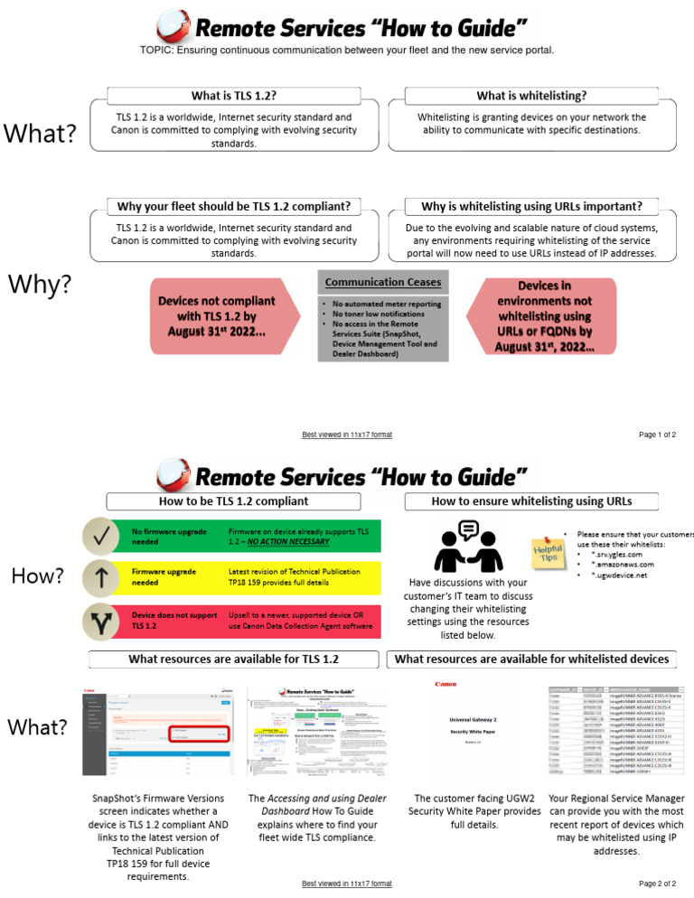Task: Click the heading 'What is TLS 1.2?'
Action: (234, 96)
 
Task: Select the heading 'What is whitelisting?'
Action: (531, 96)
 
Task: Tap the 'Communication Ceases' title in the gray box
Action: (382, 282)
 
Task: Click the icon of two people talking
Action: (467, 547)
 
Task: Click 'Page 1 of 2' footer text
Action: (657, 435)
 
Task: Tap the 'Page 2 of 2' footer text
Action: (657, 883)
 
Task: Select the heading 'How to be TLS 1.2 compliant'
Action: (234, 500)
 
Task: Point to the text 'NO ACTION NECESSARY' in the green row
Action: (288, 542)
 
